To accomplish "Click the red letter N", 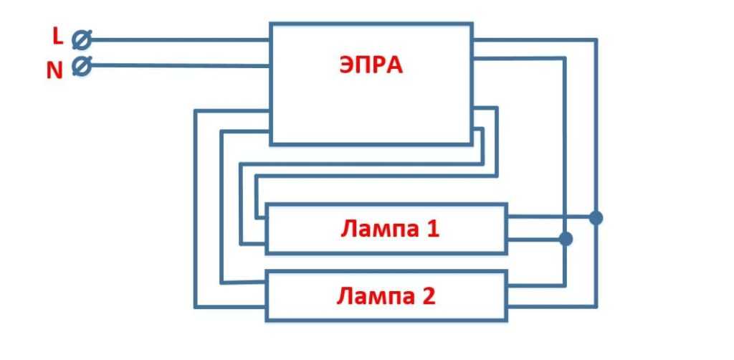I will tap(55, 70).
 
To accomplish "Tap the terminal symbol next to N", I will tap(81, 66).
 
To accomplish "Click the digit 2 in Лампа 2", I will tap(428, 295).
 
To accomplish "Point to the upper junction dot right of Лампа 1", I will tap(596, 217).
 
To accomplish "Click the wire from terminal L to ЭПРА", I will tap(179, 40).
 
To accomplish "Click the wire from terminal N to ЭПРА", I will tap(179, 66).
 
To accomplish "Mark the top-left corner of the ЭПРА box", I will tap(270, 24).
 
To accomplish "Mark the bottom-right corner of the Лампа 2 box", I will tap(507, 320).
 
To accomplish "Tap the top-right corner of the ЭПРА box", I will tap(472, 24).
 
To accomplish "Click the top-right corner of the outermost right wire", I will tap(596, 40).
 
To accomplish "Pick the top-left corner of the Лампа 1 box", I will tap(266, 204).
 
